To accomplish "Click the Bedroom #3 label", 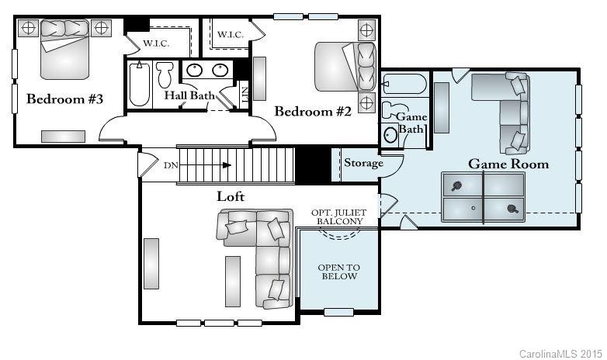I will click(x=65, y=99).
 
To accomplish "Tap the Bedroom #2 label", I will click(x=313, y=112).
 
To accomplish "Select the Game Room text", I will click(x=508, y=164).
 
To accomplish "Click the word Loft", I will click(x=231, y=196).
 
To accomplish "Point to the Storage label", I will click(x=363, y=163).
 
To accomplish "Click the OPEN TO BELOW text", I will click(x=338, y=272).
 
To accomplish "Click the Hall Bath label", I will click(x=189, y=95).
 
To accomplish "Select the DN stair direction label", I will click(x=171, y=165).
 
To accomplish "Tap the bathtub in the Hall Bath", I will click(x=140, y=84).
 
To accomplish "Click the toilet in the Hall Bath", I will click(x=164, y=75).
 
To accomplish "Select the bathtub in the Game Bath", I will click(x=404, y=84).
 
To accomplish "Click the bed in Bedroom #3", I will click(x=65, y=48).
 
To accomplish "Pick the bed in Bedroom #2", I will click(x=345, y=67).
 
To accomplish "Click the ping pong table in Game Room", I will click(x=483, y=197).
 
